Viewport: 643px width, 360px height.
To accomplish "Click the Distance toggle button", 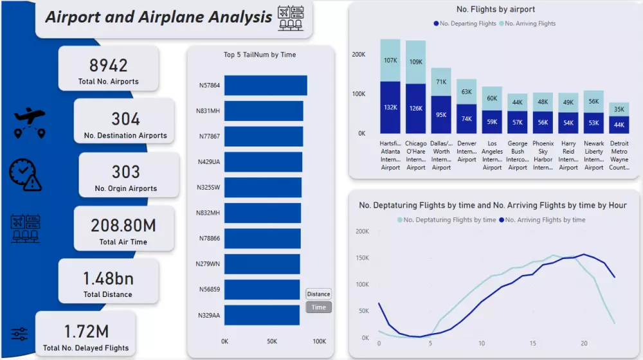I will (318, 294).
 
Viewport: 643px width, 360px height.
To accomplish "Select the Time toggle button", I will (318, 307).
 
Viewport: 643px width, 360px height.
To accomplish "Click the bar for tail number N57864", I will (266, 85).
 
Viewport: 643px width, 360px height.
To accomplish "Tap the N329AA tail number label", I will (208, 316).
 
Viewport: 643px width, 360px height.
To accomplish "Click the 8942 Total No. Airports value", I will (108, 66).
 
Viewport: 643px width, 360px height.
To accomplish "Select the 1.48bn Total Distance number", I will (107, 278).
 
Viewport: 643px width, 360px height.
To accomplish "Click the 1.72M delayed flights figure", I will (86, 332).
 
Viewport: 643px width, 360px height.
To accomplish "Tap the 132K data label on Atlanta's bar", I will (390, 108).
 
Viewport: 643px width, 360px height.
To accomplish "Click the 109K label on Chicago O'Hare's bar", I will (416, 62).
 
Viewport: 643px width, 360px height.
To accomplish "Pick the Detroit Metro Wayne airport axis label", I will (619, 156).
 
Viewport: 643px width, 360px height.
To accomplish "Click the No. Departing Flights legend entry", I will (464, 24).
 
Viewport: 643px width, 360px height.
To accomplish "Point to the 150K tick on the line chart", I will (362, 258).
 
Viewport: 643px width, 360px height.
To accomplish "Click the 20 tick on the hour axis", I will (584, 343).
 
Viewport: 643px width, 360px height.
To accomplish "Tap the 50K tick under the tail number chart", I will (272, 341).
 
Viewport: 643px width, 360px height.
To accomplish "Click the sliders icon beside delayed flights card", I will (19, 334).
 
